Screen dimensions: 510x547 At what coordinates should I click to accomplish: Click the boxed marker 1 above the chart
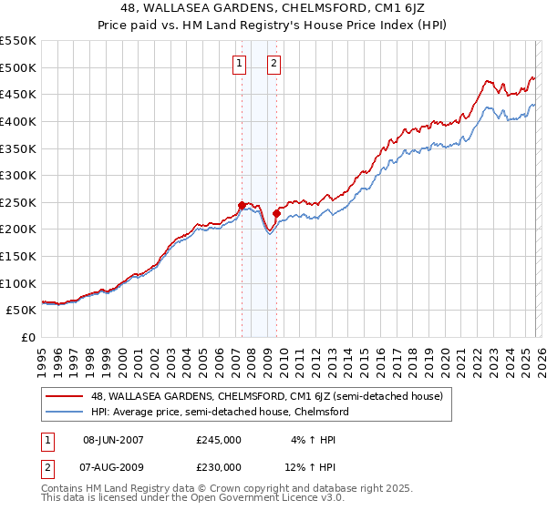(240, 64)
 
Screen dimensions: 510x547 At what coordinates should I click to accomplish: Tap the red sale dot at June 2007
(242, 205)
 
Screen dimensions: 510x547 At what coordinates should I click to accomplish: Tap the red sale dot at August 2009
(276, 213)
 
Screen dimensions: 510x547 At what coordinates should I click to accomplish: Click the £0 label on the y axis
(29, 338)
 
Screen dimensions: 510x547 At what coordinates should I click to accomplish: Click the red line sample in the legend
(67, 396)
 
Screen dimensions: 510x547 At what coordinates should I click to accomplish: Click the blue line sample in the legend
(67, 412)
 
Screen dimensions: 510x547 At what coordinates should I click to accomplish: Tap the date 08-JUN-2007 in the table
(113, 439)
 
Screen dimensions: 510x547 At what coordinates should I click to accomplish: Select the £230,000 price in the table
(219, 466)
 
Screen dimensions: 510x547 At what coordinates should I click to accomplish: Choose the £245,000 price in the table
(219, 439)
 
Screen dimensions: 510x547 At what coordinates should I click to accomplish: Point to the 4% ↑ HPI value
(310, 439)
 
